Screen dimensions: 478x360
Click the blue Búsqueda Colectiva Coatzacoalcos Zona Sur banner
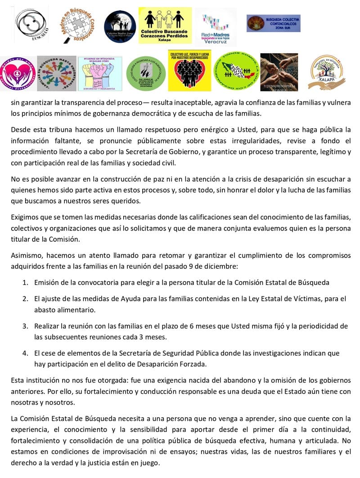tap(273, 23)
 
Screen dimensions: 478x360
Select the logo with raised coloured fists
tap(99, 73)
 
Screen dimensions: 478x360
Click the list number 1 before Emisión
tap(25, 283)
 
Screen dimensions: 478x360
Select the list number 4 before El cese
tap(25, 353)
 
